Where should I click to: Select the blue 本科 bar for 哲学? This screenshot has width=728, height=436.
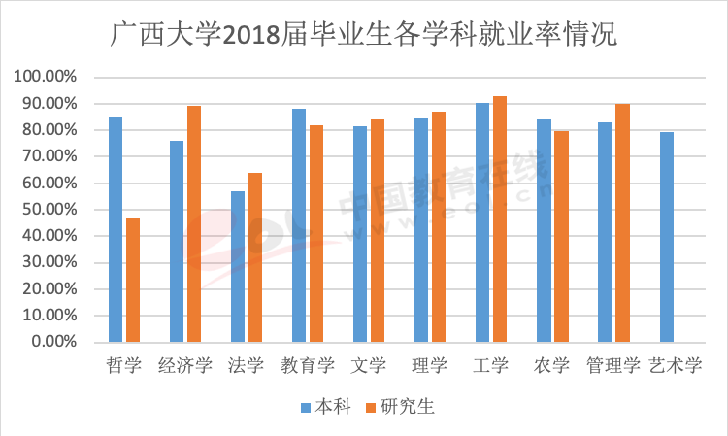point(116,229)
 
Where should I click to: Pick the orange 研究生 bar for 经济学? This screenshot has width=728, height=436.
point(194,223)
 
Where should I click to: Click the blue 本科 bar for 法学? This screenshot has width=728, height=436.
point(238,266)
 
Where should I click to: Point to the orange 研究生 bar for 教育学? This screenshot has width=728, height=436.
point(316,233)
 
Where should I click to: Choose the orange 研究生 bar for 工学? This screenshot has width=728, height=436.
point(500,218)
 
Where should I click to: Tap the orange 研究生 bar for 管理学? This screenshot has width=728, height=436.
point(622,222)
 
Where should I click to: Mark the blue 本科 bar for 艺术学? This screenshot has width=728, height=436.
point(666,237)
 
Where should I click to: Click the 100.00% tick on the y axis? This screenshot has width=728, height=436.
point(45,77)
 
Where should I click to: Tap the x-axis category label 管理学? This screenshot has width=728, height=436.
point(613,366)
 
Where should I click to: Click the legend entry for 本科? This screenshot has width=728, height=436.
point(325,406)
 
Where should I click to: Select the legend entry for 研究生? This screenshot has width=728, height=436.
point(398,406)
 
